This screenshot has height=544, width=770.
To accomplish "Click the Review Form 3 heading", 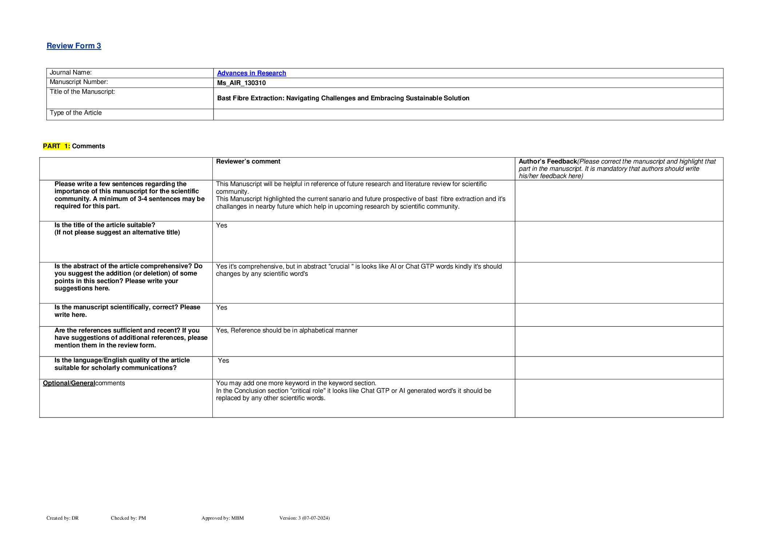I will (x=74, y=46).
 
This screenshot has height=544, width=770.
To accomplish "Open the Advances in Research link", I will (x=251, y=73).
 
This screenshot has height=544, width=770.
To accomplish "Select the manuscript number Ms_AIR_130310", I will (x=241, y=83).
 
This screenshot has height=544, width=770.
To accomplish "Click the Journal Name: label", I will (x=71, y=73).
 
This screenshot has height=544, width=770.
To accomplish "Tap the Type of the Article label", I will (x=76, y=113).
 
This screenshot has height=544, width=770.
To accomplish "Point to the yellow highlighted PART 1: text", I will (x=56, y=146).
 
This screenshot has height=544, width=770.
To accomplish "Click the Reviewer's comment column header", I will (x=248, y=161).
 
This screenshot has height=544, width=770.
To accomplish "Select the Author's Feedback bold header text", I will (x=547, y=161).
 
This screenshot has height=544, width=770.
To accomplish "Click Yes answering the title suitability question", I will (x=222, y=225).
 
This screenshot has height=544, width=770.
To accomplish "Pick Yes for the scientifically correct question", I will (x=222, y=307).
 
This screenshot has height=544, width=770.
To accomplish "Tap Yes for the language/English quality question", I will (x=223, y=360).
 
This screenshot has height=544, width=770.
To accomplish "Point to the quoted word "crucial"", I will (x=340, y=266).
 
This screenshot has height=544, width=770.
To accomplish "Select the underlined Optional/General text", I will (x=69, y=383).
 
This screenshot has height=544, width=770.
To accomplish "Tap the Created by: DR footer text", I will (x=63, y=518).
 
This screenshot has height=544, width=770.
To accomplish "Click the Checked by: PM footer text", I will (x=128, y=518).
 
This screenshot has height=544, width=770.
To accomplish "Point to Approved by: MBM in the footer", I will (x=223, y=518).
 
